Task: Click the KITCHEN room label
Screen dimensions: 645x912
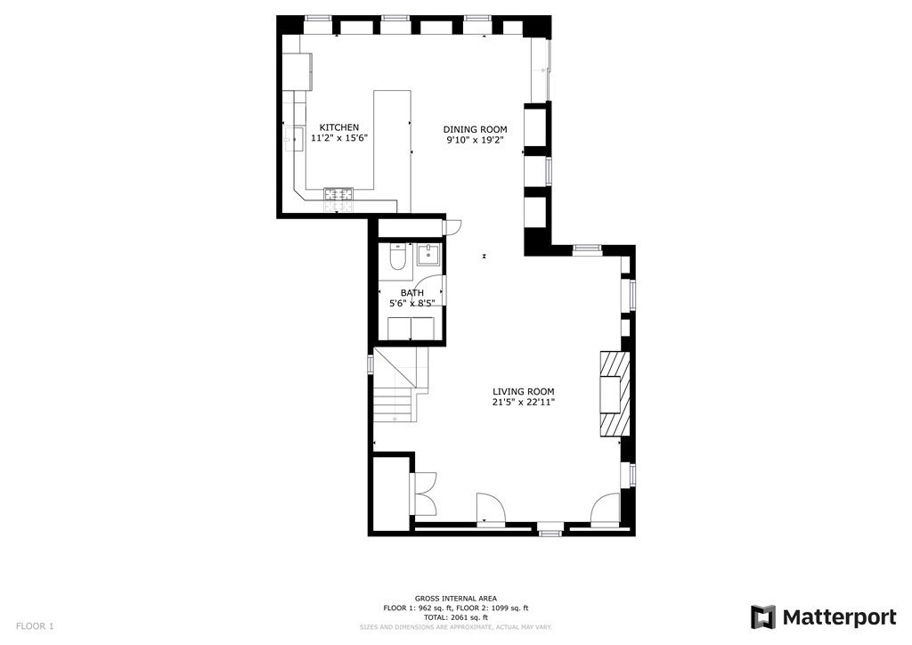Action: tap(339, 127)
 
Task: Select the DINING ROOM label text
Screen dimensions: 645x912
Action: tap(476, 129)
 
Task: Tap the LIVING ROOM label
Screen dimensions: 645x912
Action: tap(524, 391)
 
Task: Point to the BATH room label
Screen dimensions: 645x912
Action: tap(411, 292)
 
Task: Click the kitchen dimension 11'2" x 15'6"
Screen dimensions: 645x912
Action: tap(339, 138)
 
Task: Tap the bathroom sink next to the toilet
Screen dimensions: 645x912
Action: tap(427, 255)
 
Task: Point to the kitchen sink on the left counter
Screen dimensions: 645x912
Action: tap(295, 139)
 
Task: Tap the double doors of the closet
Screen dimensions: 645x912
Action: tap(423, 493)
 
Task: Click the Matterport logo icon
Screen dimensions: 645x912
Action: tap(762, 617)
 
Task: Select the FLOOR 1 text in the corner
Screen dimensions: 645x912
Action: tap(35, 626)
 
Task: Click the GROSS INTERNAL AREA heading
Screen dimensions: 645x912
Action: tap(455, 599)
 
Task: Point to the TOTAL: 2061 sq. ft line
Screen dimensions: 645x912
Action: tap(455, 617)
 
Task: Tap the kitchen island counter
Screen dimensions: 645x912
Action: tap(391, 147)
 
